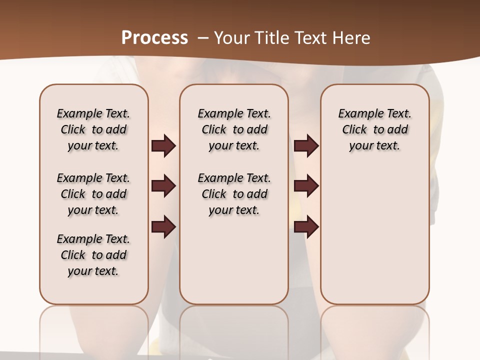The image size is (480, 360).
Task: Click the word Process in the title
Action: pyautogui.click(x=154, y=37)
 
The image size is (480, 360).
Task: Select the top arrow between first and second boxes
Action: pyautogui.click(x=163, y=146)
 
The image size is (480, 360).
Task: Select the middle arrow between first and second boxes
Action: pyautogui.click(x=163, y=186)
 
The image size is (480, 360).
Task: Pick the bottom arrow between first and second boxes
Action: pyautogui.click(x=163, y=227)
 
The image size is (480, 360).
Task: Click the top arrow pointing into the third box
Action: pyautogui.click(x=306, y=146)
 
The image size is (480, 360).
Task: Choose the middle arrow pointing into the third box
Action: pyautogui.click(x=306, y=186)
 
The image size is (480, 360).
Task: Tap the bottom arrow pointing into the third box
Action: pyautogui.click(x=306, y=227)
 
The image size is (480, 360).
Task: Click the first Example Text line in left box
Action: pyautogui.click(x=93, y=113)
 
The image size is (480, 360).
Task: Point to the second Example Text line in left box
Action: pyautogui.click(x=93, y=178)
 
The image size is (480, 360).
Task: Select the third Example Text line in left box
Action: pyautogui.click(x=93, y=239)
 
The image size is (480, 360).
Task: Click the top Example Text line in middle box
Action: pyautogui.click(x=234, y=113)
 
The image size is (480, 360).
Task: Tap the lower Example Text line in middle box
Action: pyautogui.click(x=234, y=178)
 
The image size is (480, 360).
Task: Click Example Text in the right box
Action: pyautogui.click(x=375, y=113)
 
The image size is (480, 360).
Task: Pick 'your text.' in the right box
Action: pyautogui.click(x=374, y=146)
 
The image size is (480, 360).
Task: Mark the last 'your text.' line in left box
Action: pyautogui.click(x=93, y=271)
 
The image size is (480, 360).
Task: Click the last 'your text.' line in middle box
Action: pyautogui.click(x=234, y=210)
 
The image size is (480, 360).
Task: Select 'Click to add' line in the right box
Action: pyautogui.click(x=375, y=130)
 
